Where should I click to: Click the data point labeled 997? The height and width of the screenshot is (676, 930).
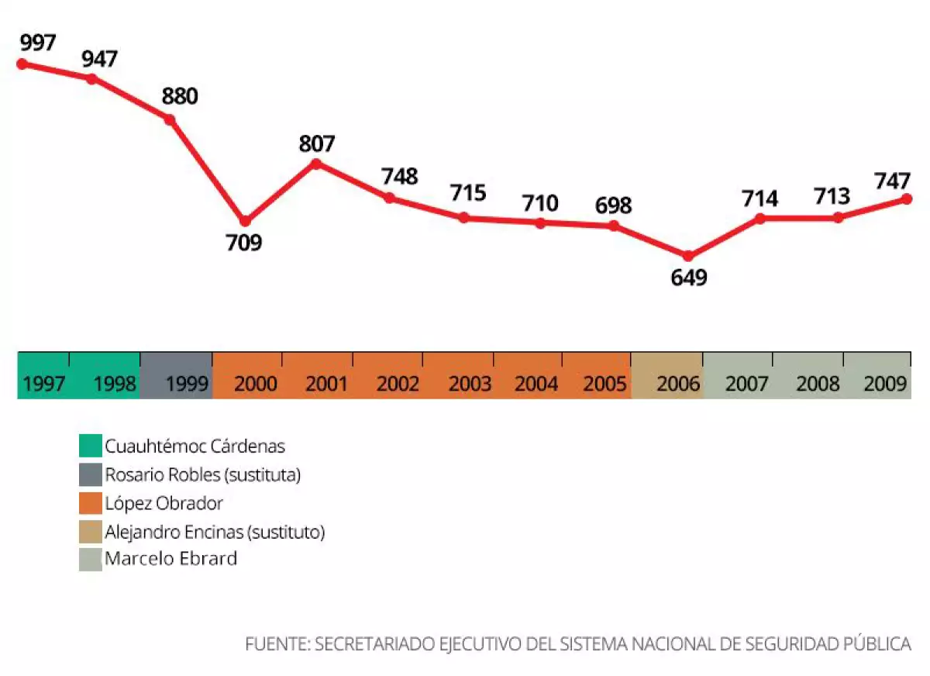pyautogui.click(x=22, y=64)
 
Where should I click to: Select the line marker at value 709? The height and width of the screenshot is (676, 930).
pyautogui.click(x=245, y=222)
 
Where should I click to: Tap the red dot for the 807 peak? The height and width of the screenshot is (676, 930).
pyautogui.click(x=315, y=164)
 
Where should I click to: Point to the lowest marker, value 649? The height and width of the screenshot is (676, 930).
pyautogui.click(x=687, y=256)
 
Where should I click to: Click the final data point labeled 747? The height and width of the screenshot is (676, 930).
pyautogui.click(x=906, y=199)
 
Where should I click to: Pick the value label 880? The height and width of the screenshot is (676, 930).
pyautogui.click(x=180, y=97)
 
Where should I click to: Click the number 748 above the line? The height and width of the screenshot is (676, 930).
pyautogui.click(x=399, y=177)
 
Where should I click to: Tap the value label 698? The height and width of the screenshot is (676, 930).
pyautogui.click(x=613, y=205)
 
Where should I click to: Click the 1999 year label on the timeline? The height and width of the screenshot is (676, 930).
pyautogui.click(x=186, y=384)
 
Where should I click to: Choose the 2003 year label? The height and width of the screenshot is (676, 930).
pyautogui.click(x=470, y=384)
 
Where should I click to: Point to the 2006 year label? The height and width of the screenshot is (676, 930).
pyautogui.click(x=678, y=384)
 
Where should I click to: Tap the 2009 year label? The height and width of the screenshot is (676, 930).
pyautogui.click(x=886, y=384)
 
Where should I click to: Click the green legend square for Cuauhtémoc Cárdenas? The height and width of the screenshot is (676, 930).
pyautogui.click(x=91, y=447)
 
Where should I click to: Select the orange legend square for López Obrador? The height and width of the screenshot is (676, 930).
pyautogui.click(x=91, y=503)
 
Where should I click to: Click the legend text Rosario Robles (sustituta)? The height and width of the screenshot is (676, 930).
pyautogui.click(x=202, y=475)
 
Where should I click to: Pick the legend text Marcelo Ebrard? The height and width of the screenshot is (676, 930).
pyautogui.click(x=171, y=559)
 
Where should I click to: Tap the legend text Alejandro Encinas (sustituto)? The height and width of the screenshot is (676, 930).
pyautogui.click(x=215, y=532)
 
